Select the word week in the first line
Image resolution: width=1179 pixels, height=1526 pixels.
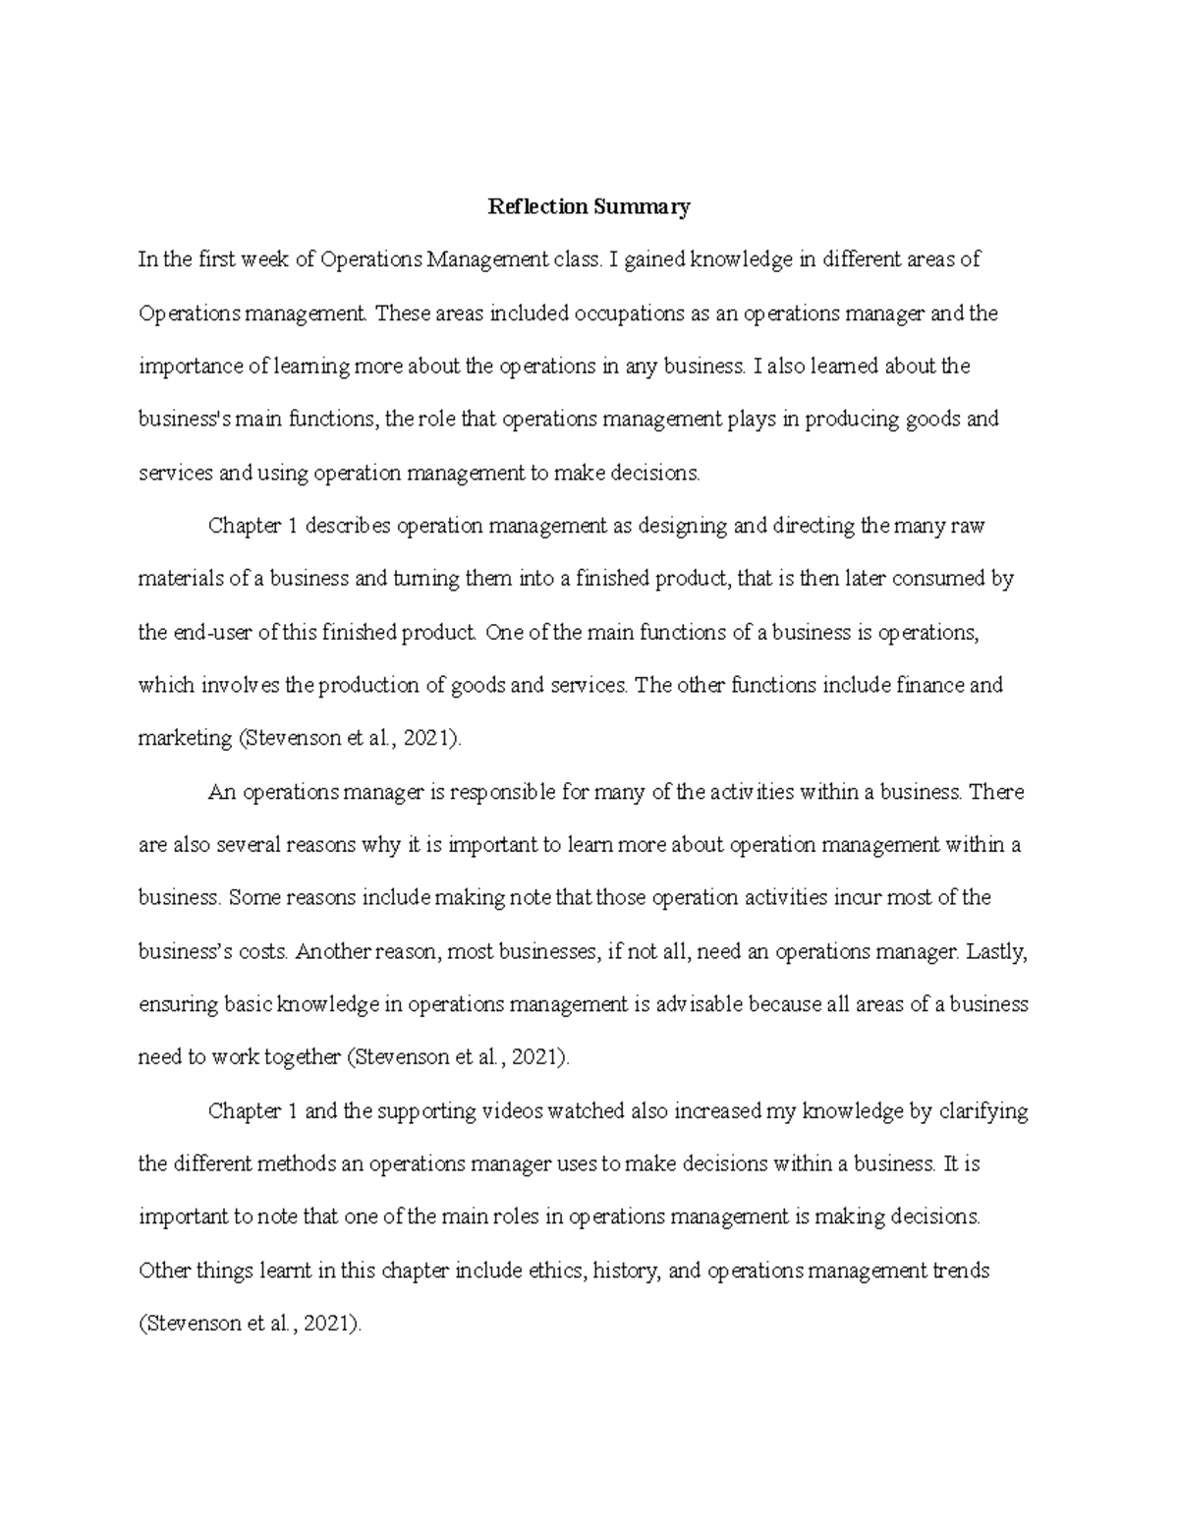pos(266,259)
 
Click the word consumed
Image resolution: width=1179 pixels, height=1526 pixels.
pos(930,579)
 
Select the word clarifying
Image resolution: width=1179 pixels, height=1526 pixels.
pos(983,1111)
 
